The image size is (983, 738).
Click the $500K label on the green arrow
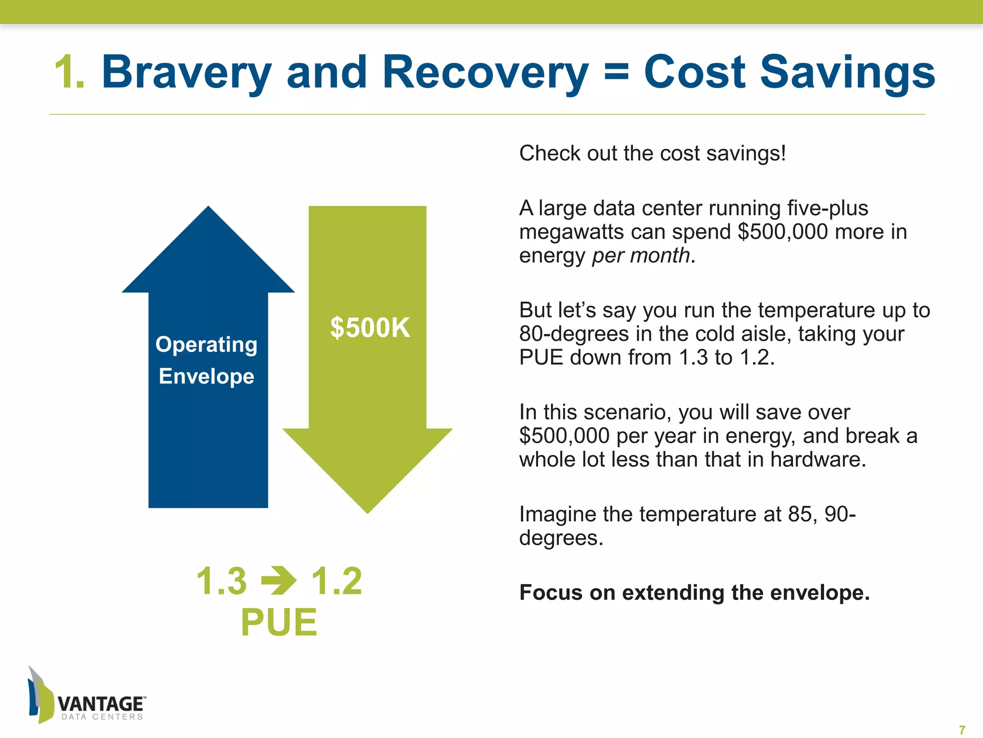[x=370, y=328]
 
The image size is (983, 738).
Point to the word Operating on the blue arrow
[x=206, y=344]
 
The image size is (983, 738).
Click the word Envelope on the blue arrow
[x=206, y=376]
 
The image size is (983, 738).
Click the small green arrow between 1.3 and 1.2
[x=279, y=580]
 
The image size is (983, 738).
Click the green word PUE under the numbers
[x=279, y=623]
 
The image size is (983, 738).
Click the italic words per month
[x=641, y=255]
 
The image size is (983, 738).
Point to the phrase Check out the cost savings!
[x=652, y=153]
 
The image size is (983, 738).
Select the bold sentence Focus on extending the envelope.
[x=694, y=592]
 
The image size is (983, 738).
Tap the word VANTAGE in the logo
[x=101, y=704]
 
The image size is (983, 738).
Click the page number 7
[x=961, y=730]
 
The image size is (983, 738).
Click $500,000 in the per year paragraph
[x=564, y=436]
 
